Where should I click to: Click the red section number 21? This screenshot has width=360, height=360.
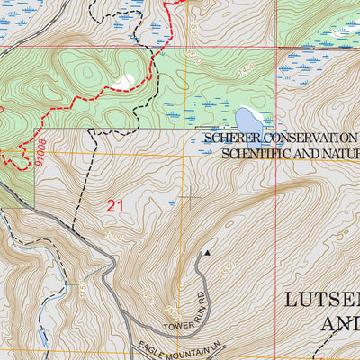point(114,206)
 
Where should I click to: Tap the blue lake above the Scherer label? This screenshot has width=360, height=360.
point(247,120)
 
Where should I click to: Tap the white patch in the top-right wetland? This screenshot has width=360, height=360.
point(345,34)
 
